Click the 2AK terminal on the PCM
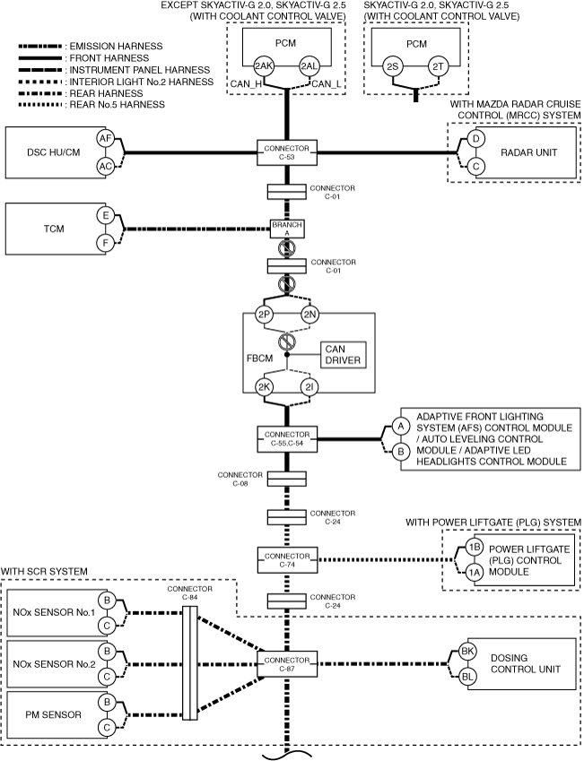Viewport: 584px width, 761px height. (x=264, y=66)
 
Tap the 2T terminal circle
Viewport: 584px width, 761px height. (x=438, y=66)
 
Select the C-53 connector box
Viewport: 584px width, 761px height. (x=287, y=153)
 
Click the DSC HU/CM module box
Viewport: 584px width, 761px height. (x=56, y=152)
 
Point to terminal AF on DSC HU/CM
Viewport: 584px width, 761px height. (x=106, y=139)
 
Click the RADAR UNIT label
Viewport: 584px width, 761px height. (x=528, y=152)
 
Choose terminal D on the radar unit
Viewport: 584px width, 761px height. (x=475, y=139)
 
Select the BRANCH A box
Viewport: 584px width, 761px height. (x=287, y=229)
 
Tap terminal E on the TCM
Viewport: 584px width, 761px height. (x=106, y=215)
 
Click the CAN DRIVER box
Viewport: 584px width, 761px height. (x=343, y=355)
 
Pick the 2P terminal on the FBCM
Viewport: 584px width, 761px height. (x=264, y=315)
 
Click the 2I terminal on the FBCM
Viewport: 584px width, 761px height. (x=309, y=387)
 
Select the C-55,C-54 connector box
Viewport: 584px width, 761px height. (x=287, y=439)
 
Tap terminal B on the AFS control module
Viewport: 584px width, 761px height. (x=401, y=452)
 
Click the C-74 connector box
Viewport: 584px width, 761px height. (x=287, y=560)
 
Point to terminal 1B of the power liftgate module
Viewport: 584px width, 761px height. (x=475, y=547)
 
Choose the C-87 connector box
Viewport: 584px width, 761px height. (x=287, y=664)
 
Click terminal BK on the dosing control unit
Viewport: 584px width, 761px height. (x=467, y=652)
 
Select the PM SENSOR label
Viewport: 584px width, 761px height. (x=53, y=714)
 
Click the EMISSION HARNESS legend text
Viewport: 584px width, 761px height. (x=116, y=47)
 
